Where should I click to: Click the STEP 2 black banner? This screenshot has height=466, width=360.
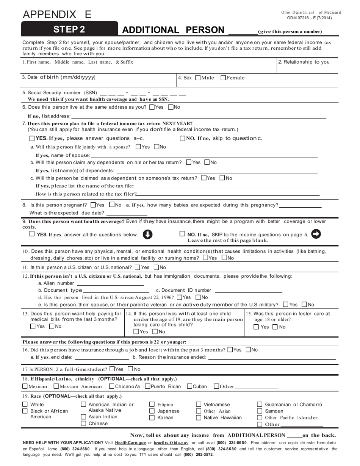click(x=69, y=30)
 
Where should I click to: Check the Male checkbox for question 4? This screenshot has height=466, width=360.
click(x=198, y=78)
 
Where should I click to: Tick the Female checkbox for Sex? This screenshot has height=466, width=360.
click(x=223, y=78)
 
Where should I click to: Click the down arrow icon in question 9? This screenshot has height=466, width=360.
click(x=147, y=235)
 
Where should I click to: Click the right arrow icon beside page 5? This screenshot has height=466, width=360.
click(x=316, y=234)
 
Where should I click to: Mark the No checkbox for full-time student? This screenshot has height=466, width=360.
click(x=130, y=369)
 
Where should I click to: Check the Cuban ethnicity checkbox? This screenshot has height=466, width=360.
click(x=189, y=386)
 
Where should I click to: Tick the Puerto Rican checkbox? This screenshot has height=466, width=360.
click(x=148, y=386)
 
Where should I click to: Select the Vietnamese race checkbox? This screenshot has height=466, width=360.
click(x=199, y=405)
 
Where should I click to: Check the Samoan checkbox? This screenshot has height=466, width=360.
click(x=260, y=411)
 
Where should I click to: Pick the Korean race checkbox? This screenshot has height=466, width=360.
click(x=152, y=418)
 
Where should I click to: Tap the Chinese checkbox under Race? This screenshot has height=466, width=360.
click(x=84, y=424)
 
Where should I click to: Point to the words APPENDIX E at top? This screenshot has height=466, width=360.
click(x=57, y=14)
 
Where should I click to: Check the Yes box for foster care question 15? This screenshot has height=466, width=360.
click(x=256, y=327)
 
